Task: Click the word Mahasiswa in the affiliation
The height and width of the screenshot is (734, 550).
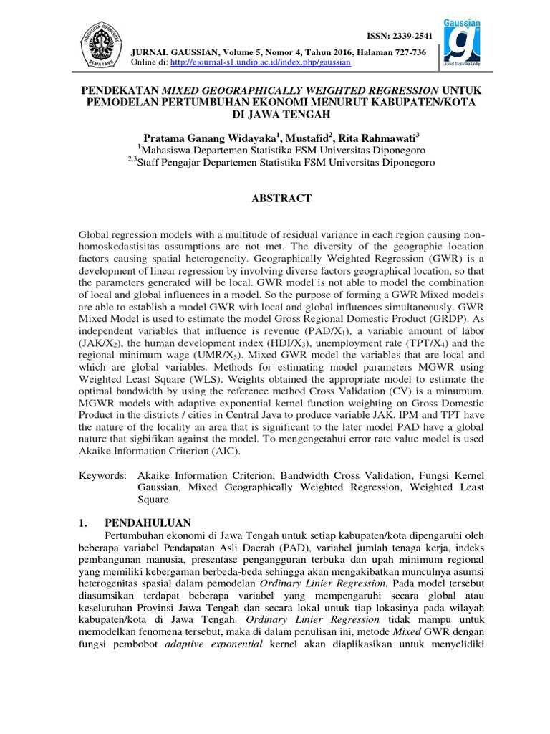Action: click(169, 151)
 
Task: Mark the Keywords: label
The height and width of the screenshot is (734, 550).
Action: click(103, 475)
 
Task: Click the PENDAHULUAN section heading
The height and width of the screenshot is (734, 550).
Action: click(148, 523)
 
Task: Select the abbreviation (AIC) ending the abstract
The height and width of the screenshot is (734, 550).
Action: click(241, 452)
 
